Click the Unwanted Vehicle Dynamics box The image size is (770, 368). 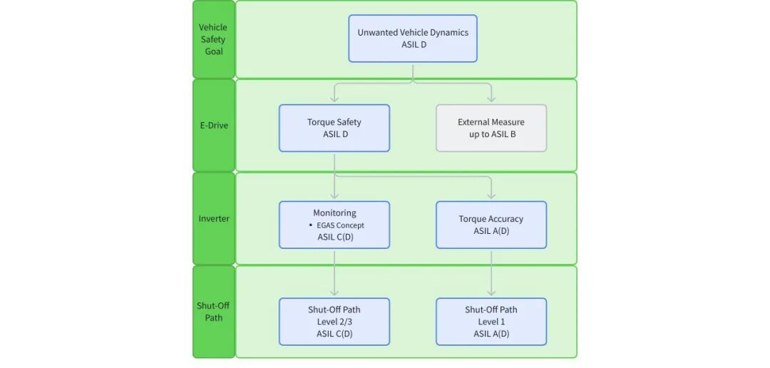click(413, 39)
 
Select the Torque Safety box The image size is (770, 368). click(334, 128)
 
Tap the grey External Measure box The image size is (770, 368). click(491, 128)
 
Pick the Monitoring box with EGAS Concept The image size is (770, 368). click(334, 225)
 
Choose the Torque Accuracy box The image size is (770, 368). click(491, 225)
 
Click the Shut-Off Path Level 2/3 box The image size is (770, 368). click(334, 322)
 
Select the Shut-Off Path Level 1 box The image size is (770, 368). click(491, 322)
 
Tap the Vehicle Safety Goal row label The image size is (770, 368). click(213, 39)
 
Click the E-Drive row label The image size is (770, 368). click(213, 126)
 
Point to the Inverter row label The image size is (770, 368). click(213, 219)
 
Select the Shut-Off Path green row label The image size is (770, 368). click(213, 312)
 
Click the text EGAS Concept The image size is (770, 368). click(340, 225)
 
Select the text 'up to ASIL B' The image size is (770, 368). click(492, 134)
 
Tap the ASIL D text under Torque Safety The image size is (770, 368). click(334, 134)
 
